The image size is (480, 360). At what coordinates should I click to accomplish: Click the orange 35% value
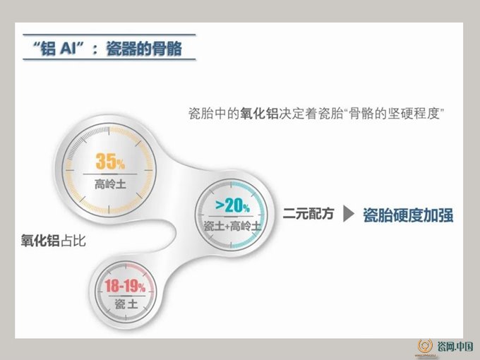[x=110, y=162]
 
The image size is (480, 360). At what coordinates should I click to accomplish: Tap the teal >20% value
[x=233, y=205]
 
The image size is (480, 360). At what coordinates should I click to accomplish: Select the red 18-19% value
[x=125, y=286]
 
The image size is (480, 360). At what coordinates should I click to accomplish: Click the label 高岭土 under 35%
[x=110, y=184]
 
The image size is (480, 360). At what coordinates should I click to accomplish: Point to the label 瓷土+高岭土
[x=233, y=226]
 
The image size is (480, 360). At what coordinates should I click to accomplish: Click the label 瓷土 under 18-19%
[x=126, y=304]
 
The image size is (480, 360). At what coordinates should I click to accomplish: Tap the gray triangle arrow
[x=349, y=214]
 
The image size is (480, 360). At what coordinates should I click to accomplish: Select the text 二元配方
[x=308, y=214]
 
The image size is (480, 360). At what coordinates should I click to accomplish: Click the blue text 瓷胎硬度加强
[x=408, y=215]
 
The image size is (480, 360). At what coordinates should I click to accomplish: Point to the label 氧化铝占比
[x=53, y=240]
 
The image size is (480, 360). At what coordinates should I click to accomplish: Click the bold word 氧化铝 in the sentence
[x=259, y=114]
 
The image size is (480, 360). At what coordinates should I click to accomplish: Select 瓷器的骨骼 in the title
[x=144, y=49]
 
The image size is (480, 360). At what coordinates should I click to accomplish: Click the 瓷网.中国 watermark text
[x=455, y=346]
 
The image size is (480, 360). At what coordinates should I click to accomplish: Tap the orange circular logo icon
[x=425, y=346]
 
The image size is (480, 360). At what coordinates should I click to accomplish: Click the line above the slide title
[x=109, y=35]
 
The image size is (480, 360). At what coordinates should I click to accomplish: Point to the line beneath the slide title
[x=109, y=59]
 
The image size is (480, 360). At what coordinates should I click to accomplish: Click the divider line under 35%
[x=110, y=174]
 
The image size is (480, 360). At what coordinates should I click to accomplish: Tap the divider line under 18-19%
[x=126, y=296]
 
